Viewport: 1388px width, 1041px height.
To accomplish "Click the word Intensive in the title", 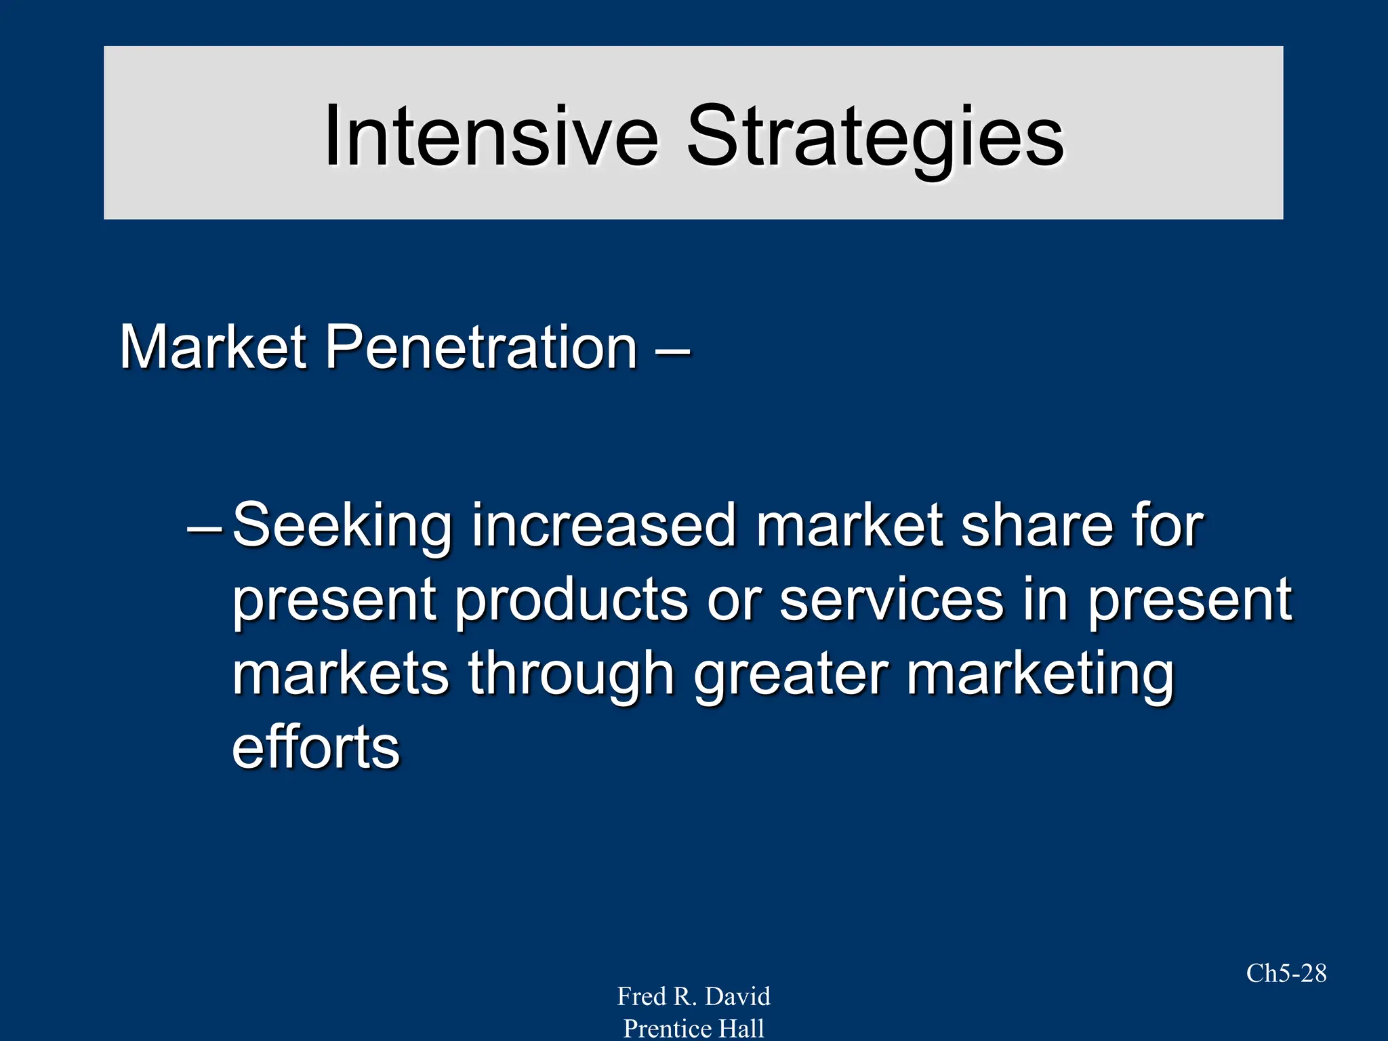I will [x=491, y=136].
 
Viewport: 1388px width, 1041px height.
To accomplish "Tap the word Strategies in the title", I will [x=875, y=139].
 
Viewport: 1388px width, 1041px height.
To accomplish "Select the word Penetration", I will [x=481, y=347].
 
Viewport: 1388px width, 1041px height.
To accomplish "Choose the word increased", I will [x=603, y=525].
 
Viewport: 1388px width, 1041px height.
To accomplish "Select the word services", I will [x=891, y=600].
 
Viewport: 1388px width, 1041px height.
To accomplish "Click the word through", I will [x=571, y=675].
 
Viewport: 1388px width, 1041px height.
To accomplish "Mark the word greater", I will [x=790, y=675].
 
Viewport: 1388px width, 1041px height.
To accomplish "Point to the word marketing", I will [x=1040, y=675].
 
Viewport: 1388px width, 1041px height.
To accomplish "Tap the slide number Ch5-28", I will [x=1286, y=973].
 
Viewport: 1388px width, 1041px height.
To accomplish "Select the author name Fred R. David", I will [x=693, y=996].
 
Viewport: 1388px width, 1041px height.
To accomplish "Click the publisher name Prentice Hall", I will [x=693, y=1028].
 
